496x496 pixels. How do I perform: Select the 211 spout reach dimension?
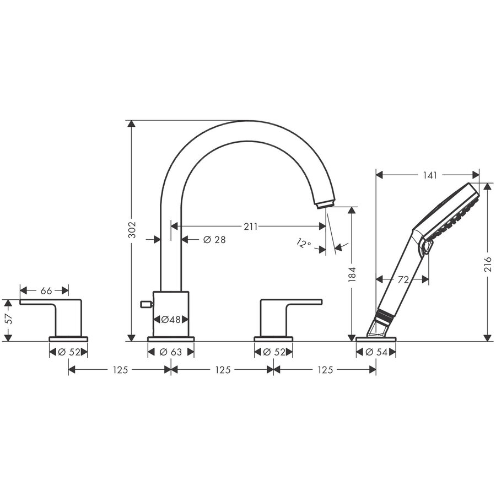(250, 226)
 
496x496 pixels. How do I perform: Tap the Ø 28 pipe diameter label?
(214, 240)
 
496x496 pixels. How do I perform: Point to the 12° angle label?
(303, 243)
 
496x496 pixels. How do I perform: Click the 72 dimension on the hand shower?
(403, 280)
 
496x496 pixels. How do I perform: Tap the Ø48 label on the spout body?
(171, 320)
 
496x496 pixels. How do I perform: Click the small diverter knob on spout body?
(146, 303)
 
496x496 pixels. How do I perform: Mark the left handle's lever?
(41, 302)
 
